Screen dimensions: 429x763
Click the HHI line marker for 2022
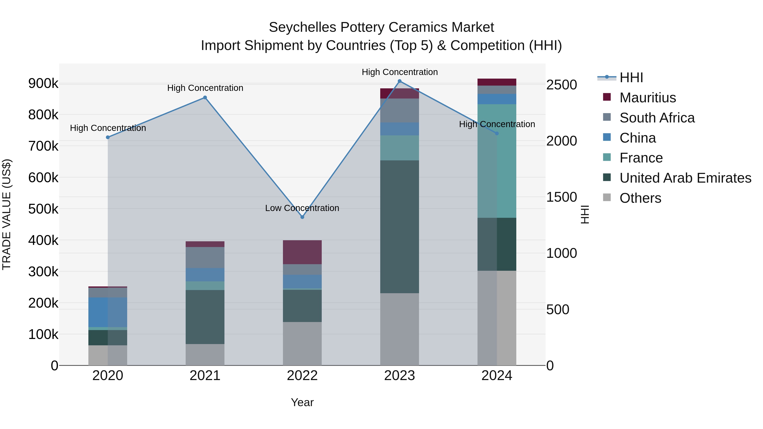tap(302, 217)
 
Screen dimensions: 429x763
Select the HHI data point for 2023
tap(399, 81)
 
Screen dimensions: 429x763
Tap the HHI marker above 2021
tap(205, 97)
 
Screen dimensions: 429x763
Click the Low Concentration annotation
tap(302, 208)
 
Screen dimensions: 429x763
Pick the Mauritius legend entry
tap(647, 98)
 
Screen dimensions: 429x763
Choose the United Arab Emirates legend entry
tap(685, 178)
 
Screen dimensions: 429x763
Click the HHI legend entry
tap(631, 78)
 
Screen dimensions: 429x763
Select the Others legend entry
tap(640, 198)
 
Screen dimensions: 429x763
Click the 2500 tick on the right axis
tap(561, 85)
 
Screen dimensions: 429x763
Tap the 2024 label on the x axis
tap(497, 376)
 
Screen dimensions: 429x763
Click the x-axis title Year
tap(302, 402)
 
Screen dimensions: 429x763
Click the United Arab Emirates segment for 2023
tap(399, 226)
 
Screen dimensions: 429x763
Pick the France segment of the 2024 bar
tap(497, 161)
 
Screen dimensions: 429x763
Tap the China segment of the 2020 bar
tap(107, 312)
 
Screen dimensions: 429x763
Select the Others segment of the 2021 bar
tap(205, 354)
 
